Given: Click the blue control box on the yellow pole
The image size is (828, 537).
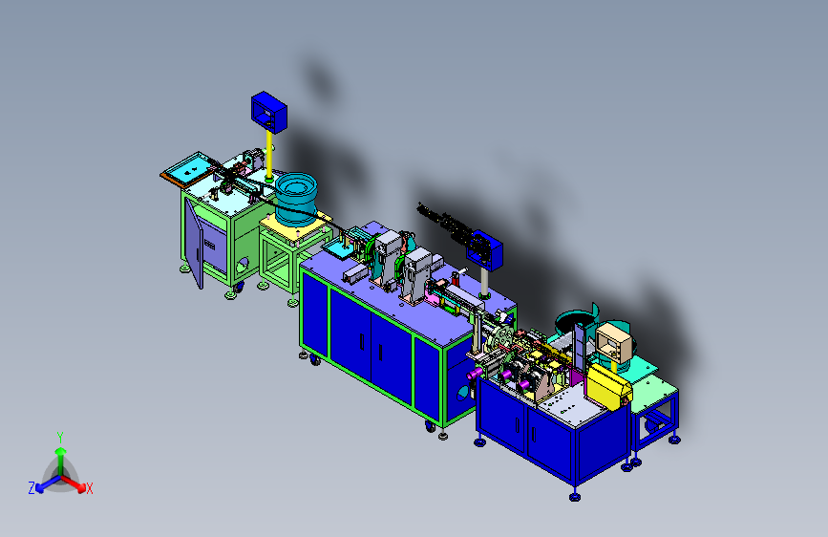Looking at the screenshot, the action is coord(268,112).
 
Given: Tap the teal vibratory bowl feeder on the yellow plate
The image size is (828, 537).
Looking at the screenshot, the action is coord(296,197).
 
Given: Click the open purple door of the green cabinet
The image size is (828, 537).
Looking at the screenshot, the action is coord(194,244).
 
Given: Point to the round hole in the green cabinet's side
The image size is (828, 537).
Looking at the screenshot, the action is coord(243,264).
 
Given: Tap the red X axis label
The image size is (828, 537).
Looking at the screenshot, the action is coord(89,488).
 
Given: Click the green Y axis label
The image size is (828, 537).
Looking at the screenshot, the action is coord(60,438).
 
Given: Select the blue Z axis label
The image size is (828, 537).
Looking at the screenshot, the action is coord(32,487).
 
